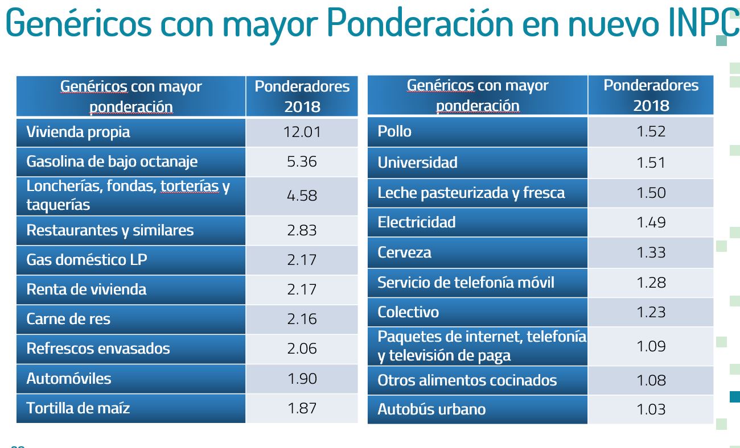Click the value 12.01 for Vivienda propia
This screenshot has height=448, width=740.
click(302, 132)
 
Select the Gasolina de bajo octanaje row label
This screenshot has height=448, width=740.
click(112, 161)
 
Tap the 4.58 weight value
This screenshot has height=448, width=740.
click(302, 196)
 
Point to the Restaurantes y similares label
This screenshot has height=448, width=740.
click(110, 230)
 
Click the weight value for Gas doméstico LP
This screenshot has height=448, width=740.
click(302, 260)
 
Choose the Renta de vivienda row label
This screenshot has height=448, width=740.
click(86, 289)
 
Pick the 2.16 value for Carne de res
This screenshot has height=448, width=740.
click(302, 319)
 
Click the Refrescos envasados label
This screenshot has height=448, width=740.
click(98, 349)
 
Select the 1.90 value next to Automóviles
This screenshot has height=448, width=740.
click(302, 379)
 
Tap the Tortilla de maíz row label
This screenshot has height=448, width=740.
click(78, 408)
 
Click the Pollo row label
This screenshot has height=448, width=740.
click(394, 131)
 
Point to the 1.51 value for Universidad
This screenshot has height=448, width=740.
click(651, 163)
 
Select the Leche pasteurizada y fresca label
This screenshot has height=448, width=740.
click(471, 193)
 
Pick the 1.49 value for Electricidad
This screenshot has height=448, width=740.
click(651, 222)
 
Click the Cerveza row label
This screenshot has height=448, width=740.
click(404, 252)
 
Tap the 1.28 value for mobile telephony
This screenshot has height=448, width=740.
click(651, 283)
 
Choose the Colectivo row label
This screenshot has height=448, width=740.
click(408, 312)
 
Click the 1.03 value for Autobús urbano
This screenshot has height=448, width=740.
click(651, 409)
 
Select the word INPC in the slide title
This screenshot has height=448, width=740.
click(703, 22)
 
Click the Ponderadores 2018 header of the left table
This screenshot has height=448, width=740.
click(302, 96)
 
